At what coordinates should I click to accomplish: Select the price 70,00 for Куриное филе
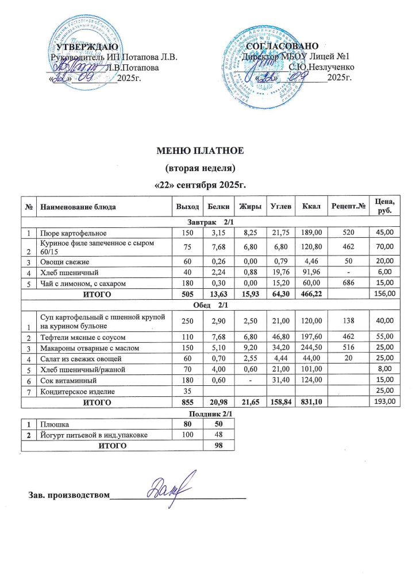[x=384, y=246]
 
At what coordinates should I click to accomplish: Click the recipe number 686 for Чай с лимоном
[x=346, y=283]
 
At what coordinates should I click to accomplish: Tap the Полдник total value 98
[x=218, y=446]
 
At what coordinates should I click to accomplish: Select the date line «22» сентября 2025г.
[x=201, y=185]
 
